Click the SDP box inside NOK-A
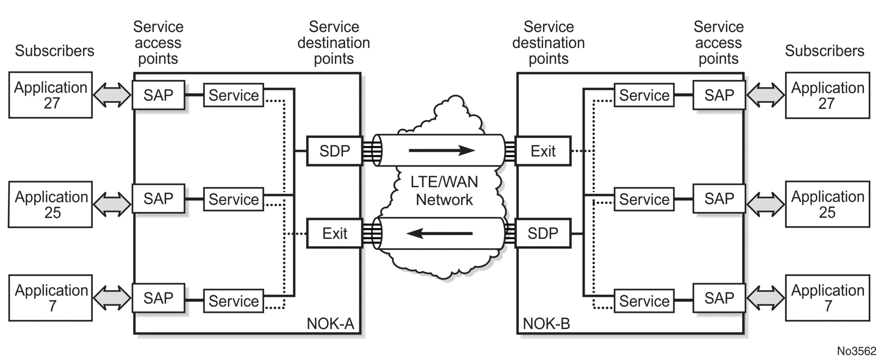click(334, 151)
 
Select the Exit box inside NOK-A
click(334, 233)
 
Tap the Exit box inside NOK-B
click(543, 151)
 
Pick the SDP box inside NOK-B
click(543, 233)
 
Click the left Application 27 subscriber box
click(50, 95)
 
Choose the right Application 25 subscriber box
click(827, 204)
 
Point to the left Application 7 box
click(50, 298)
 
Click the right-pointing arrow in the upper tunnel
click(441, 151)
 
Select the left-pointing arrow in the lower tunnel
click(439, 233)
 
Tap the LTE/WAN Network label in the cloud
click(444, 190)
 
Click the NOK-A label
click(330, 324)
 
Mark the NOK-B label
click(546, 324)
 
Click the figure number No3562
click(857, 351)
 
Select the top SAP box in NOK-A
click(158, 95)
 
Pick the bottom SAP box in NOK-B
click(719, 298)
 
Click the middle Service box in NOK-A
click(233, 199)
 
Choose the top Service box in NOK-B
click(644, 95)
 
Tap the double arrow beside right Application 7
click(765, 298)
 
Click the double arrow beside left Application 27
click(112, 95)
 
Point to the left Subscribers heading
click(55, 51)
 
